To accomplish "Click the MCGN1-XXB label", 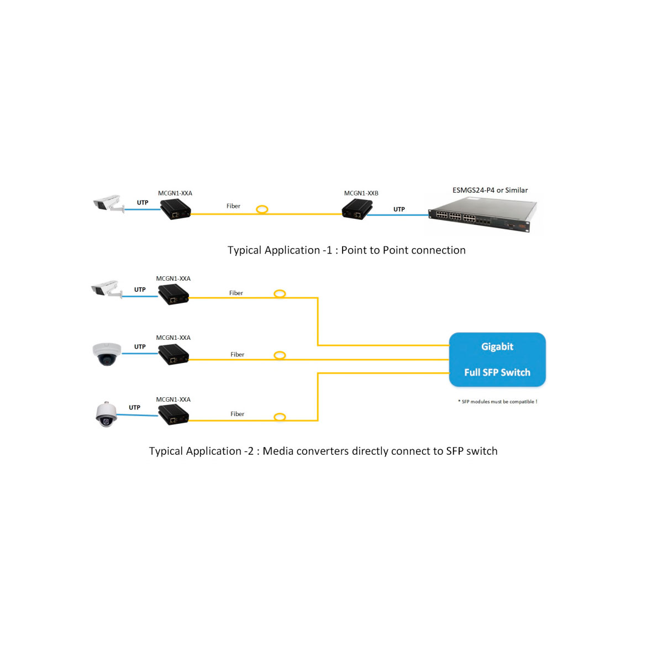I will pyautogui.click(x=361, y=193).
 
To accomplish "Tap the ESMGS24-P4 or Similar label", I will pyautogui.click(x=490, y=190).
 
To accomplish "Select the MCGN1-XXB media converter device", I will pyautogui.click(x=356, y=210).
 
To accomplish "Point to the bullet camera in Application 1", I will pyautogui.click(x=108, y=203).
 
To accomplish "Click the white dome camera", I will pyautogui.click(x=107, y=354).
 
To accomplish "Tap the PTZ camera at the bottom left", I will pyautogui.click(x=106, y=414).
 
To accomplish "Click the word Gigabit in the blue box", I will pyautogui.click(x=497, y=346).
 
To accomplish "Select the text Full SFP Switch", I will pyautogui.click(x=497, y=372).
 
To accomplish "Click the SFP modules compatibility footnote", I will pyautogui.click(x=497, y=402).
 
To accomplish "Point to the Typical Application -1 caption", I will pyautogui.click(x=346, y=250).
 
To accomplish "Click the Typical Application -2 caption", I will pyautogui.click(x=323, y=451).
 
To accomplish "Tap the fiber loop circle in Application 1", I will pyautogui.click(x=262, y=209).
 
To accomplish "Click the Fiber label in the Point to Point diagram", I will pyautogui.click(x=233, y=206).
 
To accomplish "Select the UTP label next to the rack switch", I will pyautogui.click(x=399, y=209).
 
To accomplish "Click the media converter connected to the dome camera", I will pyautogui.click(x=173, y=354).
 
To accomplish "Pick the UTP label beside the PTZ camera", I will pyautogui.click(x=134, y=408).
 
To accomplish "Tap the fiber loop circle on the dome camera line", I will pyautogui.click(x=280, y=355).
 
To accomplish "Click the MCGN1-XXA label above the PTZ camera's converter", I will pyautogui.click(x=173, y=399).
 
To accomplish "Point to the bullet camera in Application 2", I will pyautogui.click(x=106, y=289).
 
